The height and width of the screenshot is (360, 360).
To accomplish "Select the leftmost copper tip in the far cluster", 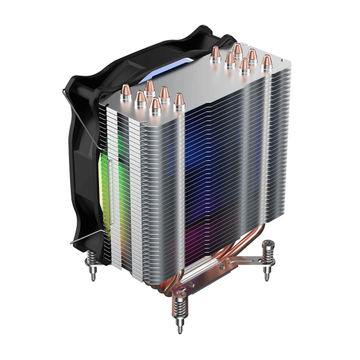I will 217,52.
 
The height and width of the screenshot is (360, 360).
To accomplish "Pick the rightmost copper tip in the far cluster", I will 266,61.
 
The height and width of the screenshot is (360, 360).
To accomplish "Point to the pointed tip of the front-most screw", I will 179,332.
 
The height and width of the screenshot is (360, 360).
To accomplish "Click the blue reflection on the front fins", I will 204,150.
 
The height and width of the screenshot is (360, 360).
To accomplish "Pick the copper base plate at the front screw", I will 180,295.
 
